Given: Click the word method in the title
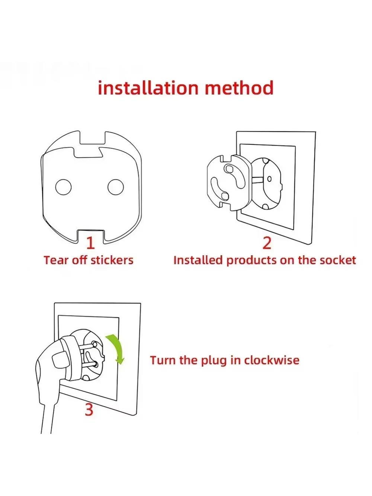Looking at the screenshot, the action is [239, 88].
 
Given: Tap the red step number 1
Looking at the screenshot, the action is [91, 243].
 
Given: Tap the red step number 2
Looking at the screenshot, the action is [267, 243].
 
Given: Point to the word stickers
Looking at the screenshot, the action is [112, 260].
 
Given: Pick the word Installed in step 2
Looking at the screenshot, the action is [198, 260].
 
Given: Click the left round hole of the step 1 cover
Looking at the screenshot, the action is [64, 187].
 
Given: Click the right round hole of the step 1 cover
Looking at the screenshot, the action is [116, 187].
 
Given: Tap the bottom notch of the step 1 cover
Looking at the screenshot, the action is [91, 236].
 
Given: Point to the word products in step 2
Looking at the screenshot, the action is [251, 260].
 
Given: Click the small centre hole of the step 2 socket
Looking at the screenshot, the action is [269, 179].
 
